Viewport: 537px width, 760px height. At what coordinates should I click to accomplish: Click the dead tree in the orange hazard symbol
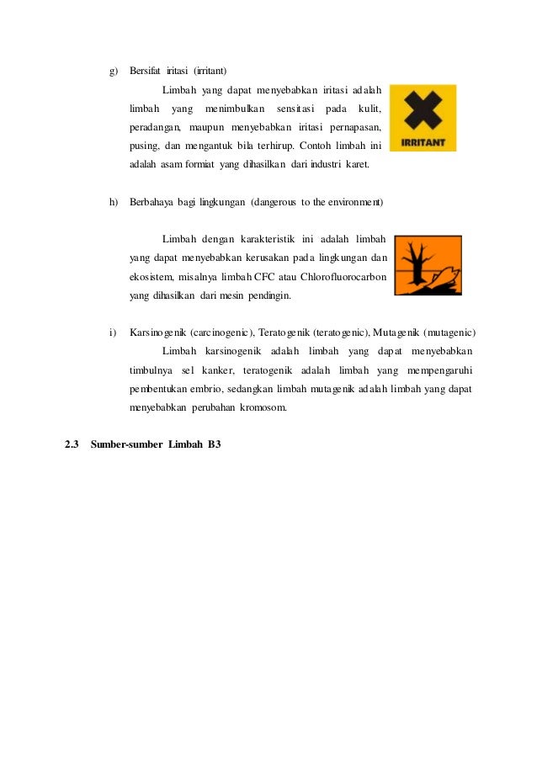(417, 263)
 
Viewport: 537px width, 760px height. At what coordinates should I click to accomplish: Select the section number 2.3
(72, 444)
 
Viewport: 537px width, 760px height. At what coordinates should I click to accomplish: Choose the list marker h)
(114, 202)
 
